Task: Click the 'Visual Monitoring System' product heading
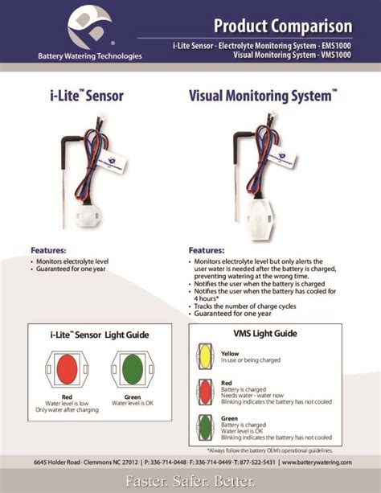pyautogui.click(x=262, y=96)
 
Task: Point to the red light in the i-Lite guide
pyautogui.click(x=67, y=368)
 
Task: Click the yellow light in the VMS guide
pyautogui.click(x=206, y=355)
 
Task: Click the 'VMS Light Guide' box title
pyautogui.click(x=264, y=333)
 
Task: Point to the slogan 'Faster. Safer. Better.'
pyautogui.click(x=190, y=481)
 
